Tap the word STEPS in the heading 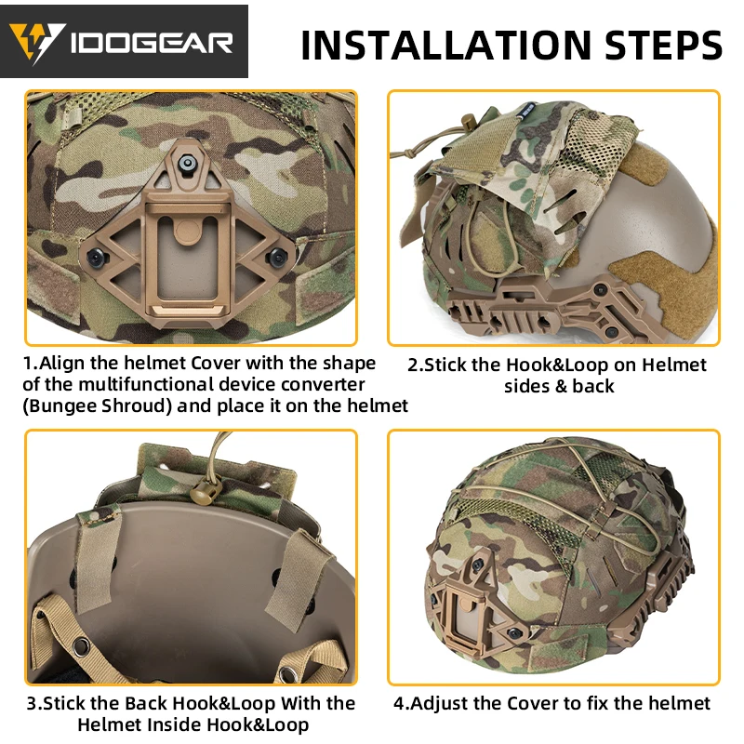point(663,45)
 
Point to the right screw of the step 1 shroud point(277,258)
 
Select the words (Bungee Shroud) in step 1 point(98,406)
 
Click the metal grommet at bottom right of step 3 point(287,672)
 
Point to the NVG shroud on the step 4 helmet point(479,605)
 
